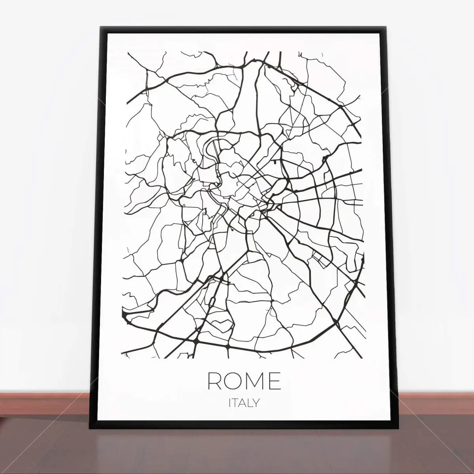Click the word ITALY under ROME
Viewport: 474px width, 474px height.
point(244,403)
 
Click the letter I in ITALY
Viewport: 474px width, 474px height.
point(230,403)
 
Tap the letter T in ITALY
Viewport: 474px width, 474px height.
point(235,403)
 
